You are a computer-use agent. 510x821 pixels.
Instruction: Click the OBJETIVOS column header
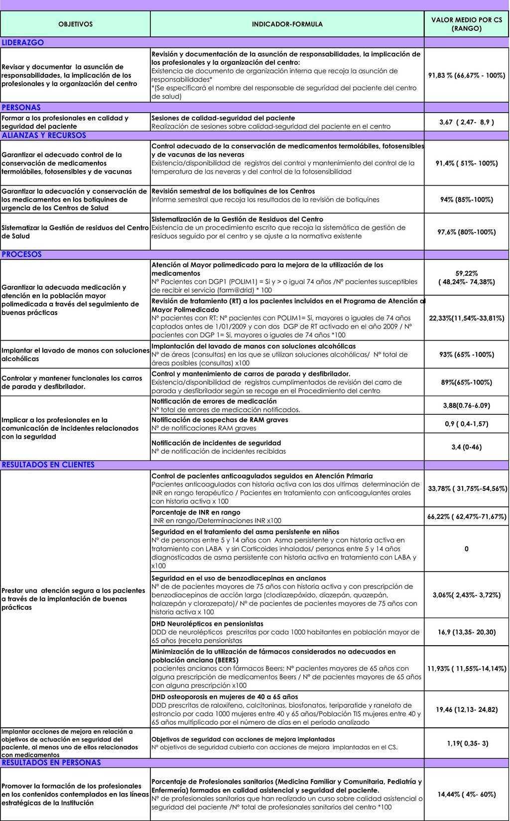pyautogui.click(x=75, y=24)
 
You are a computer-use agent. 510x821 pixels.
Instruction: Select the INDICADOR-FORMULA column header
pyautogui.click(x=287, y=24)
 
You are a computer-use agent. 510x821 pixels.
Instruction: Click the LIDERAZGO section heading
pyautogui.click(x=23, y=43)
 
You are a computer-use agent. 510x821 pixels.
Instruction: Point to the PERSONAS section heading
pyautogui.click(x=21, y=108)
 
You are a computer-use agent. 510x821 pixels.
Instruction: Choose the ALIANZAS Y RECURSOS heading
pyautogui.click(x=44, y=135)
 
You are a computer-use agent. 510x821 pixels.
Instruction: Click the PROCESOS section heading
pyautogui.click(x=22, y=254)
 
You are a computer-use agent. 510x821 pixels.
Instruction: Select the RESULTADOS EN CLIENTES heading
pyautogui.click(x=48, y=465)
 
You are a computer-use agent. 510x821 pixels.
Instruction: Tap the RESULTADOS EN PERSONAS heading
pyautogui.click(x=51, y=763)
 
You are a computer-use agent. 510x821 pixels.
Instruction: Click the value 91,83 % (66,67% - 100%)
pyautogui.click(x=466, y=76)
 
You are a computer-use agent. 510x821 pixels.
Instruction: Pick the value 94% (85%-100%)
pyautogui.click(x=466, y=200)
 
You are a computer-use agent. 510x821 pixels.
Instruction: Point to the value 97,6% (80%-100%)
pyautogui.click(x=466, y=232)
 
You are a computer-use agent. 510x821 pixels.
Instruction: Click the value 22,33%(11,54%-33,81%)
pyautogui.click(x=466, y=318)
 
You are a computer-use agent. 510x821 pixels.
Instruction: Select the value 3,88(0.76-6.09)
pyautogui.click(x=466, y=406)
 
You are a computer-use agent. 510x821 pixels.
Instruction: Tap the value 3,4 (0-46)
pyautogui.click(x=466, y=447)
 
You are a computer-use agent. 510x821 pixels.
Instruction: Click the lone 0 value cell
pyautogui.click(x=466, y=549)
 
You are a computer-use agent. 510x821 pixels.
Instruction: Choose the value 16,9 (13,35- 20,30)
pyautogui.click(x=466, y=632)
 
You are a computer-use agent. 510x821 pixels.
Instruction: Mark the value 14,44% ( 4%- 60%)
pyautogui.click(x=466, y=795)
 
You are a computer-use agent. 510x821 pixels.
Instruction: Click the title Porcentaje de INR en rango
pyautogui.click(x=196, y=512)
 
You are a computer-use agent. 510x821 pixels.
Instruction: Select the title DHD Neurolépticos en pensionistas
pyautogui.click(x=207, y=624)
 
